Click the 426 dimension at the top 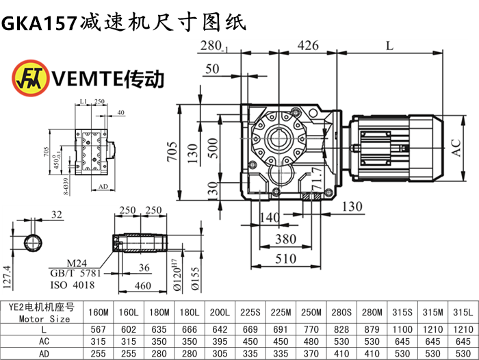307,46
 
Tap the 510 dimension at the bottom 285,259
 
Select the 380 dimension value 285,239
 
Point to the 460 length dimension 142,285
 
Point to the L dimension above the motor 389,46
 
